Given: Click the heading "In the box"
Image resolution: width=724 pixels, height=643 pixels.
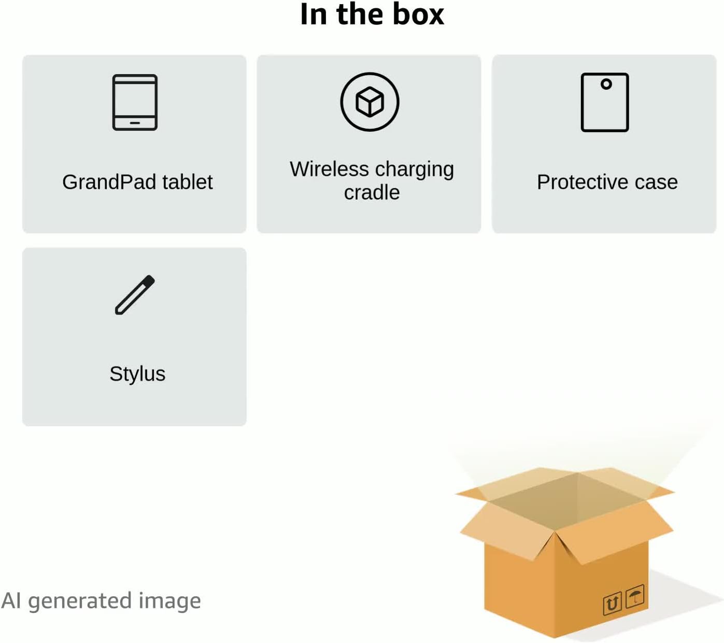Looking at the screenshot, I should point(372,14).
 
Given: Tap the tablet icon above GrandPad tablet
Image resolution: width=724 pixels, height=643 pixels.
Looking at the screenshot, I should point(135,102).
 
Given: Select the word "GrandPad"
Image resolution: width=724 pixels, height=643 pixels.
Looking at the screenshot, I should point(109,182).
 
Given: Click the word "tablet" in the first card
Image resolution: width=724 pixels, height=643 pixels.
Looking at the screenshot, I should point(187,182).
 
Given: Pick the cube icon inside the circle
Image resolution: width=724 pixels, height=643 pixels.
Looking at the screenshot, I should point(370,102).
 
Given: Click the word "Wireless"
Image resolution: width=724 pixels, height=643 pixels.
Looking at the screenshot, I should point(329,169).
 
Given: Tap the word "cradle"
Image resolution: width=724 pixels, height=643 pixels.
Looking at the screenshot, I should point(372,192).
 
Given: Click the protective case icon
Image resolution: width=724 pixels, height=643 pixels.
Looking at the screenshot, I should point(604,102).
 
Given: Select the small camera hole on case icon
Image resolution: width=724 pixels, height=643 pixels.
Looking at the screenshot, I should point(606,84).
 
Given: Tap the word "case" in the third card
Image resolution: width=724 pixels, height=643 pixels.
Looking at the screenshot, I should point(656,182).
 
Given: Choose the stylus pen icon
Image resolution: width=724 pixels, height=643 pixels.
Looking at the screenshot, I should point(135,295).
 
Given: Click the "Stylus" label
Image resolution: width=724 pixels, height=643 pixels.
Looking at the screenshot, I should point(137,374).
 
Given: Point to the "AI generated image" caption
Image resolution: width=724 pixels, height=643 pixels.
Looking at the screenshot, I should point(101,600).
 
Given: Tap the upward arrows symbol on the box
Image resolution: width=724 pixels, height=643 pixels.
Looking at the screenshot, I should point(612,604).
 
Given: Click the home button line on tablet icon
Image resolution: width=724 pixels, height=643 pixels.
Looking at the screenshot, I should point(135,123).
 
